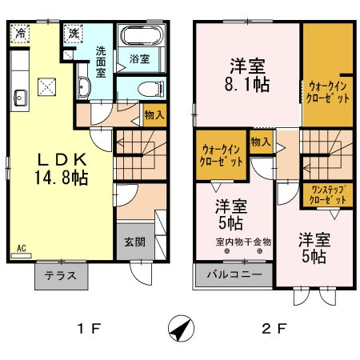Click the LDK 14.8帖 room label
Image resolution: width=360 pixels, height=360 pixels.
click(x=60, y=167)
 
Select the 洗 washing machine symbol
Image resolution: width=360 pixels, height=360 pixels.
click(x=74, y=34)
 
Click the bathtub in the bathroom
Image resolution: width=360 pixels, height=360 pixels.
click(x=141, y=38)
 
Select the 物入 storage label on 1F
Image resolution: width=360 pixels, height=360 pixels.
click(x=154, y=115)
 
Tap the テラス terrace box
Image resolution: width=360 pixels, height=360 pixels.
click(x=61, y=276)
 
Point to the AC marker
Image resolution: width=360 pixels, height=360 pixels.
click(x=21, y=249)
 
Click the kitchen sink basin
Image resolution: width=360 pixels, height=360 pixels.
click(x=20, y=98)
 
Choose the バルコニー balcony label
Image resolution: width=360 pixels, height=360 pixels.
click(x=234, y=275)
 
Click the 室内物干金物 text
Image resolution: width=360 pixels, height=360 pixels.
click(x=244, y=241)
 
